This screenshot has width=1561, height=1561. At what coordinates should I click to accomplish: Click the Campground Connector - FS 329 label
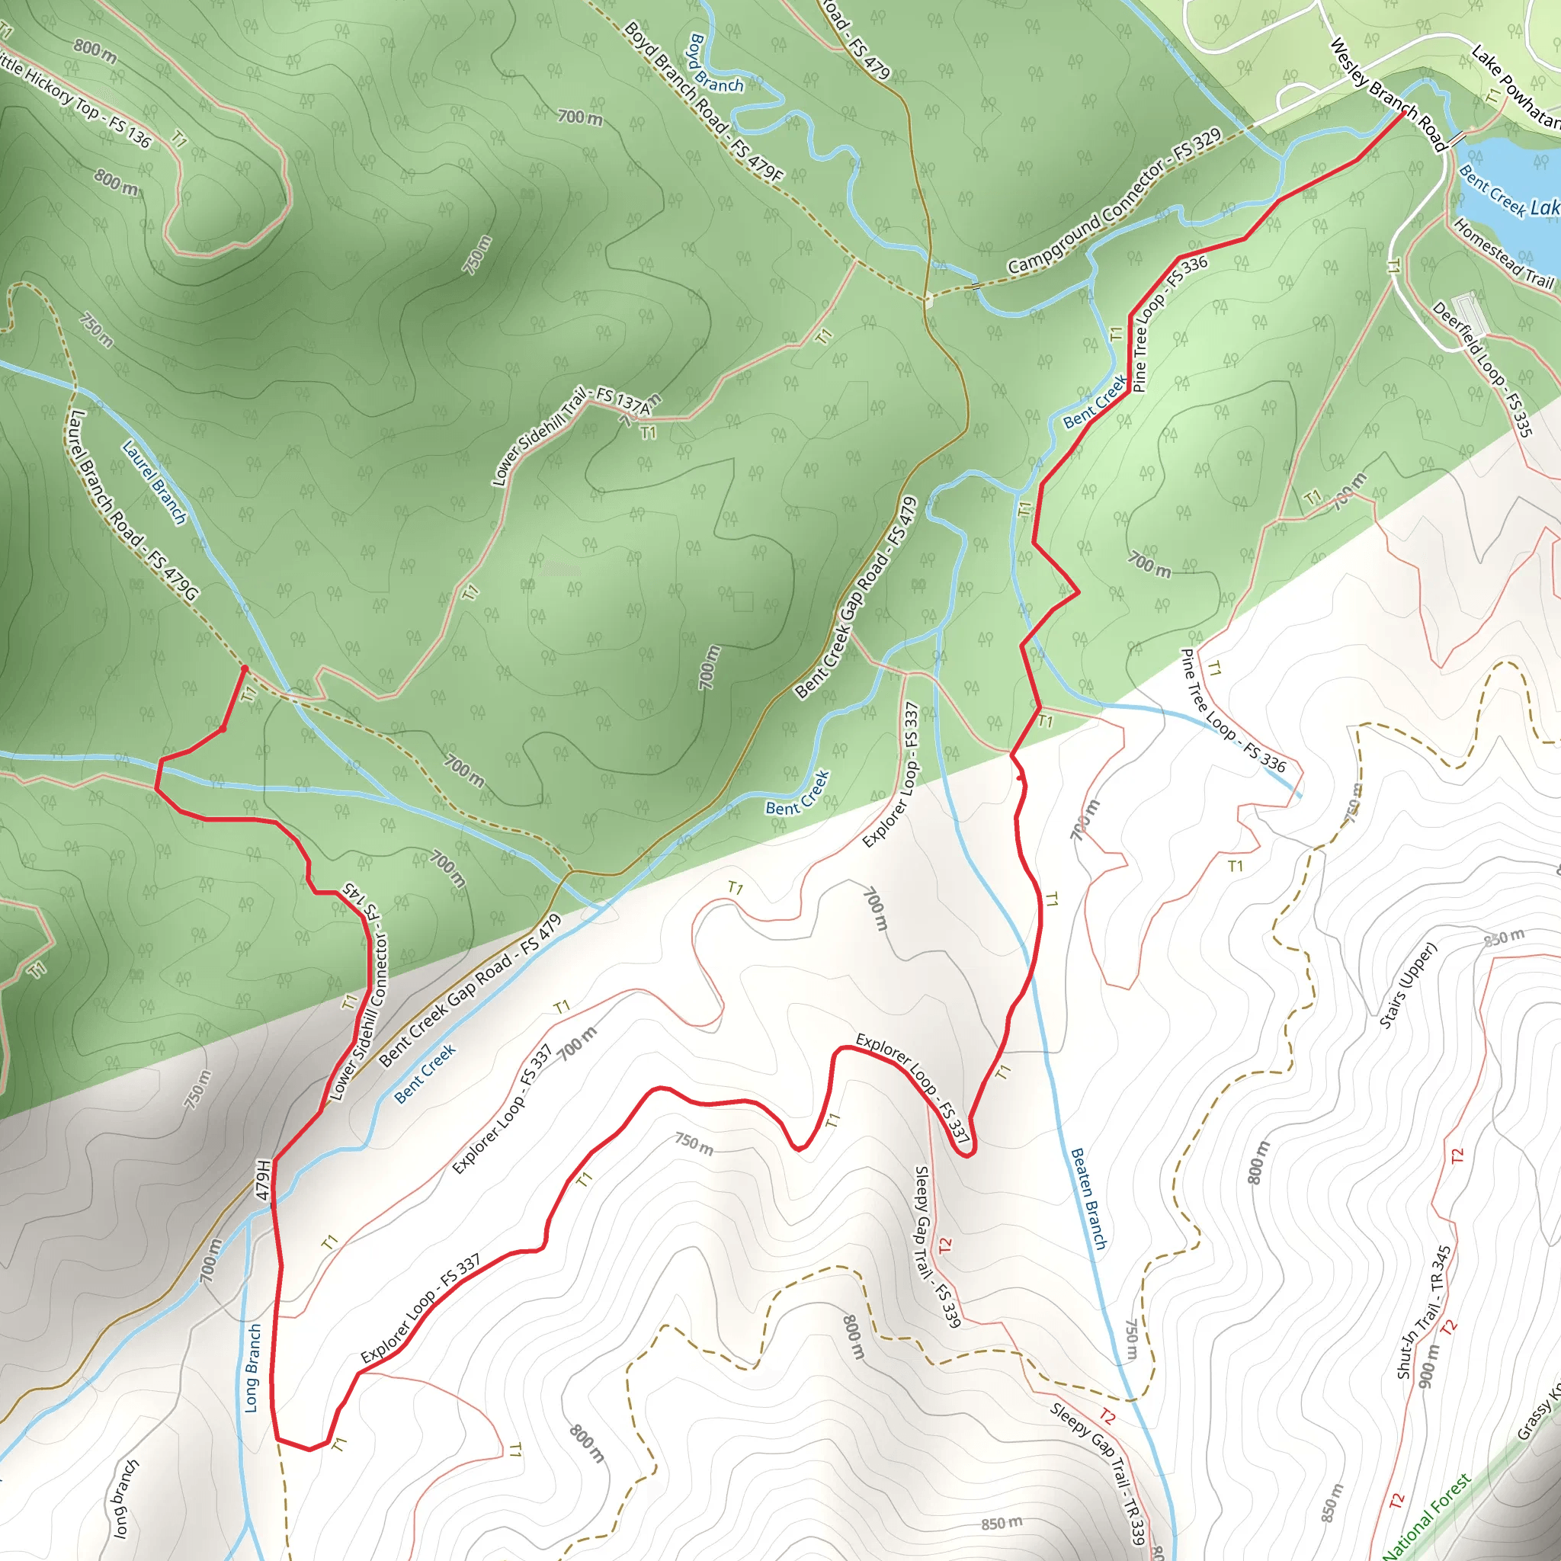coord(1114,202)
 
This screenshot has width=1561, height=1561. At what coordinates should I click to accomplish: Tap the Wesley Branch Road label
coord(1386,95)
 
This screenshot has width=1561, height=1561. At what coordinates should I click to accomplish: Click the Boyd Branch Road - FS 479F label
coord(703,102)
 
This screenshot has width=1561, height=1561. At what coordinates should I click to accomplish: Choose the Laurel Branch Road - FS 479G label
coord(133,506)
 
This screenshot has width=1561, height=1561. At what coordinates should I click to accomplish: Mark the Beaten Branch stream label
coord(1088,1199)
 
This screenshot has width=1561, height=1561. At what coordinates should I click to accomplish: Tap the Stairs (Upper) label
coord(1408,986)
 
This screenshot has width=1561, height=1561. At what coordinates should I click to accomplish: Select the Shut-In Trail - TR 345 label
coord(1424,1313)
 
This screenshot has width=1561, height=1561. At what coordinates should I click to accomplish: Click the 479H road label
coord(263,1181)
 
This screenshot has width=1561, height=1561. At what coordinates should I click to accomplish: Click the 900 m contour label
coord(1428,1365)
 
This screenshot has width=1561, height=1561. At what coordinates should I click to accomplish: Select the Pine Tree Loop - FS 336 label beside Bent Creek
coord(1169,323)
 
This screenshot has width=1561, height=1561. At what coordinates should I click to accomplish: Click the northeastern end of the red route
coord(1402,113)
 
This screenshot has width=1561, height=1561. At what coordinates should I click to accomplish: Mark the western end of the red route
coord(245,668)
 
